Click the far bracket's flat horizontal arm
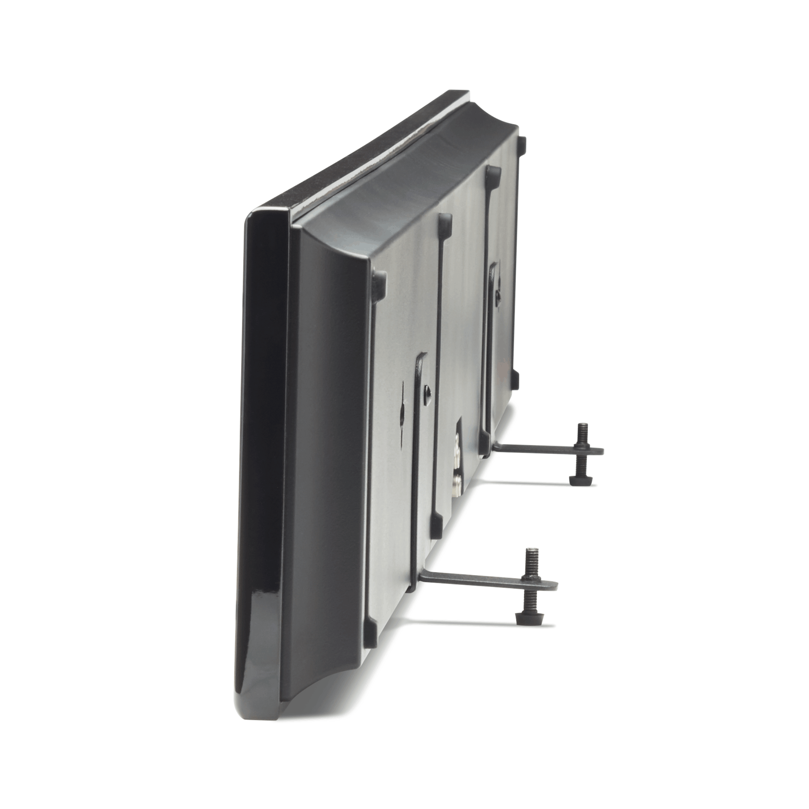coord(540,449)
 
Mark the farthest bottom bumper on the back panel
coord(515,380)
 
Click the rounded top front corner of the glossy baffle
coord(255,218)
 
